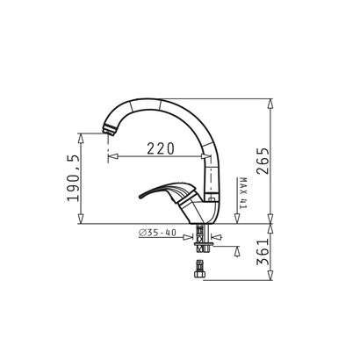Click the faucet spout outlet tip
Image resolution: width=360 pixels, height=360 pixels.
click(x=109, y=133)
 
